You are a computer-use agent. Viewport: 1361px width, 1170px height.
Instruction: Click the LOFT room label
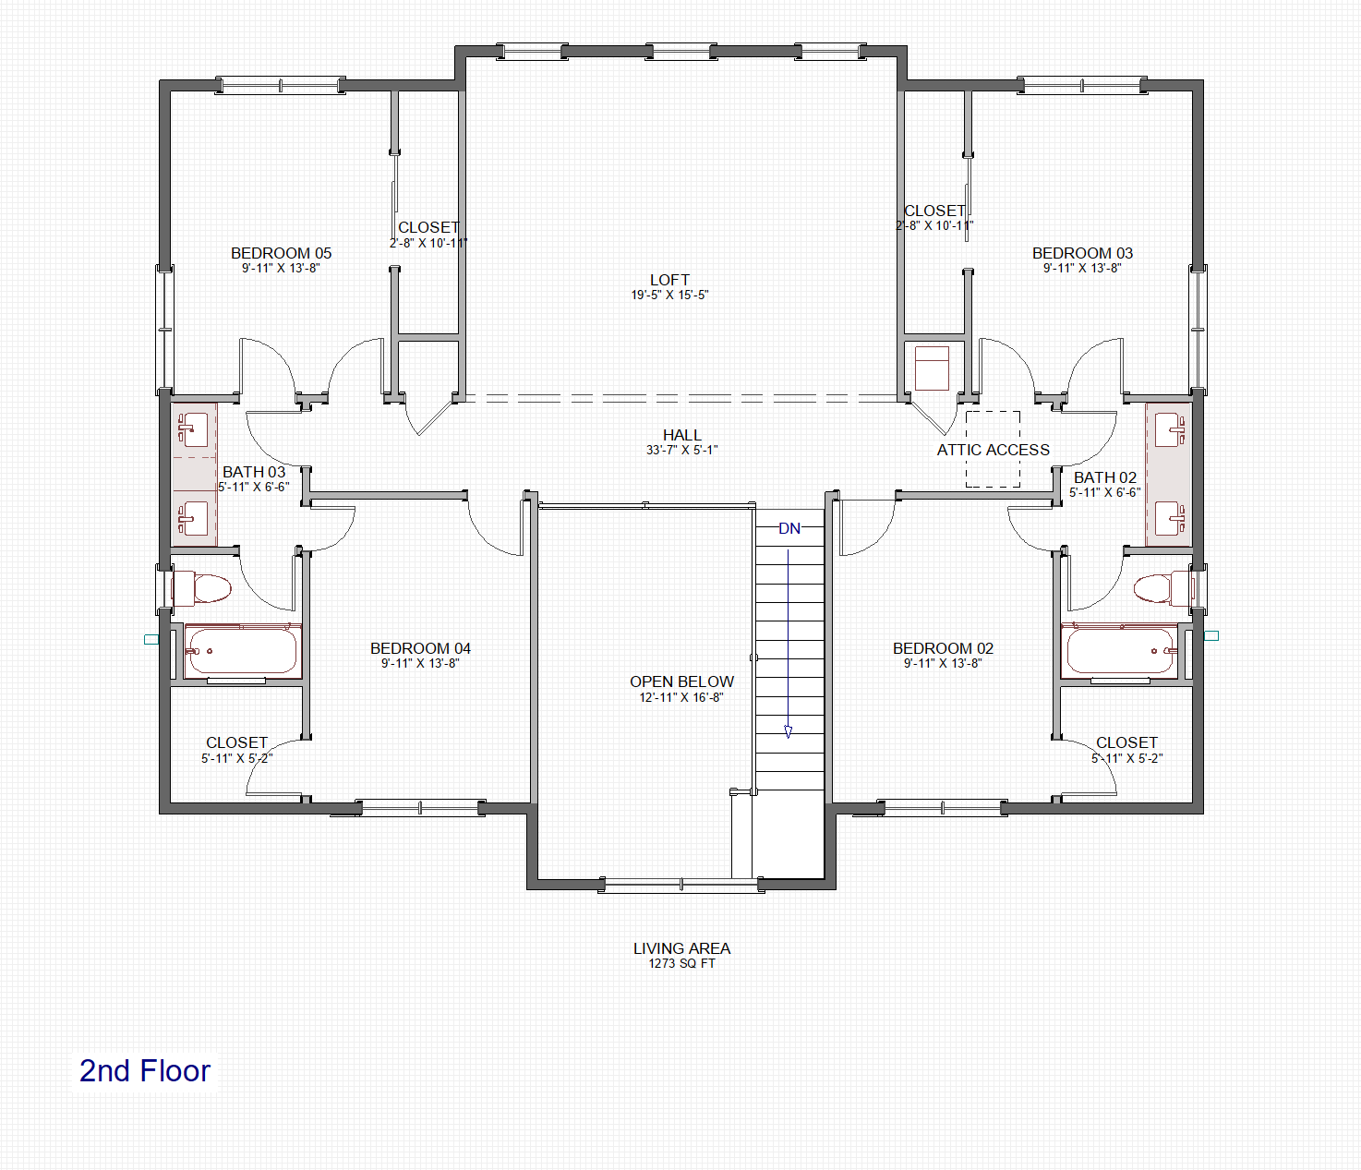click(669, 280)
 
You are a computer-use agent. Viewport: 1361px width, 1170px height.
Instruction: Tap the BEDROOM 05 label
click(281, 254)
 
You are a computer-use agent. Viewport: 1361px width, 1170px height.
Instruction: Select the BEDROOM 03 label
click(1082, 254)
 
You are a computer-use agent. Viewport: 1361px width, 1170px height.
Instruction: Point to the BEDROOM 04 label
click(420, 648)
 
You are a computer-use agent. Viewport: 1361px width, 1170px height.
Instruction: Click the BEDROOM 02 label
click(943, 648)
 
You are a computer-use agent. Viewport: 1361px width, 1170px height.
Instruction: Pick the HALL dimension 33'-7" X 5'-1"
click(682, 451)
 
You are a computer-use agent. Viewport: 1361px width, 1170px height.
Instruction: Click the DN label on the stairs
click(789, 528)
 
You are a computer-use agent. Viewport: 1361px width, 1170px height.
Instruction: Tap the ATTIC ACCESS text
click(993, 450)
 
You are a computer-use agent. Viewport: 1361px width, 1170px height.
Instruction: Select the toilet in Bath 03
click(201, 587)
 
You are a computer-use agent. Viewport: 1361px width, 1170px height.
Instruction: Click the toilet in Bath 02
click(1162, 588)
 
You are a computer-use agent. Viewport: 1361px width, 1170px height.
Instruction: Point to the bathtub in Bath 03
click(242, 650)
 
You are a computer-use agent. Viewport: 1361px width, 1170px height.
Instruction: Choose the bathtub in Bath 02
click(1119, 650)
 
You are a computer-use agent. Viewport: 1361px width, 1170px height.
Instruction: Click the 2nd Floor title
click(145, 1070)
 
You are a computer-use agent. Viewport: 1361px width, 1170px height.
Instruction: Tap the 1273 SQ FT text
click(681, 963)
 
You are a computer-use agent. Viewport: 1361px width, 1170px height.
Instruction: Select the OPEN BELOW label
click(681, 681)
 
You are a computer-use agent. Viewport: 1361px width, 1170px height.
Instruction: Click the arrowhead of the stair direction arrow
click(789, 731)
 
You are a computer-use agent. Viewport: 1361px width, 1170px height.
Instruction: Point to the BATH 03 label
click(254, 472)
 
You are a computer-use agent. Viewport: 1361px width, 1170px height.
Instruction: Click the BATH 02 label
click(1105, 477)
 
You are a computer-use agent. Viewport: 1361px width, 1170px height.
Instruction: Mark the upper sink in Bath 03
click(193, 430)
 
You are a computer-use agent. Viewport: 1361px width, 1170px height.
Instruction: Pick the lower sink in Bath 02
click(1170, 518)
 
